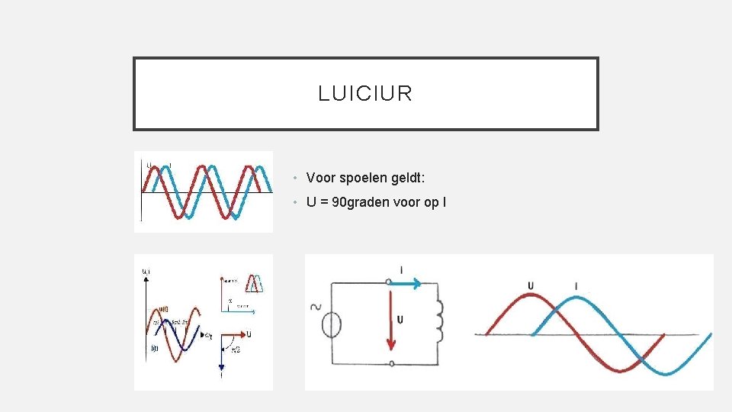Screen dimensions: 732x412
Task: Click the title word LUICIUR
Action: point(365,94)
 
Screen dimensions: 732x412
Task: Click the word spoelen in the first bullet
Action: point(358,178)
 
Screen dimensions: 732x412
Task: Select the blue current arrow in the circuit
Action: point(406,283)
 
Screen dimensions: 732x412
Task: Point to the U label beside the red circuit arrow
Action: point(400,317)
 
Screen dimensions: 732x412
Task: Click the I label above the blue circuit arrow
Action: point(402,269)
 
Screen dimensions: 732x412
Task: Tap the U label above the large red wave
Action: point(531,286)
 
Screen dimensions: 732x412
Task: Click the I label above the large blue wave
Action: point(576,287)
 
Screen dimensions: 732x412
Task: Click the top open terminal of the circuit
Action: point(390,282)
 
